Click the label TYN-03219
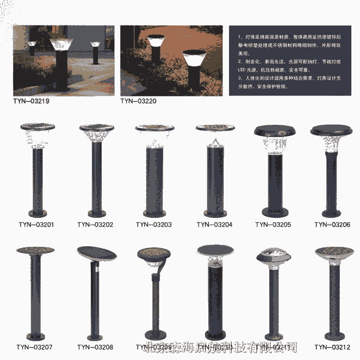click(x=31, y=101)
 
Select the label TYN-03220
click(x=138, y=101)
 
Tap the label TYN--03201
click(x=36, y=225)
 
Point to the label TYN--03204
click(x=214, y=225)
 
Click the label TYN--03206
click(x=332, y=225)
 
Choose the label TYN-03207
click(x=34, y=347)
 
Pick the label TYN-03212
click(x=332, y=347)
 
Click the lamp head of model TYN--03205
click(x=275, y=136)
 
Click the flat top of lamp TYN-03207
click(x=35, y=251)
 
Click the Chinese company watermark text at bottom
click(x=221, y=347)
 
